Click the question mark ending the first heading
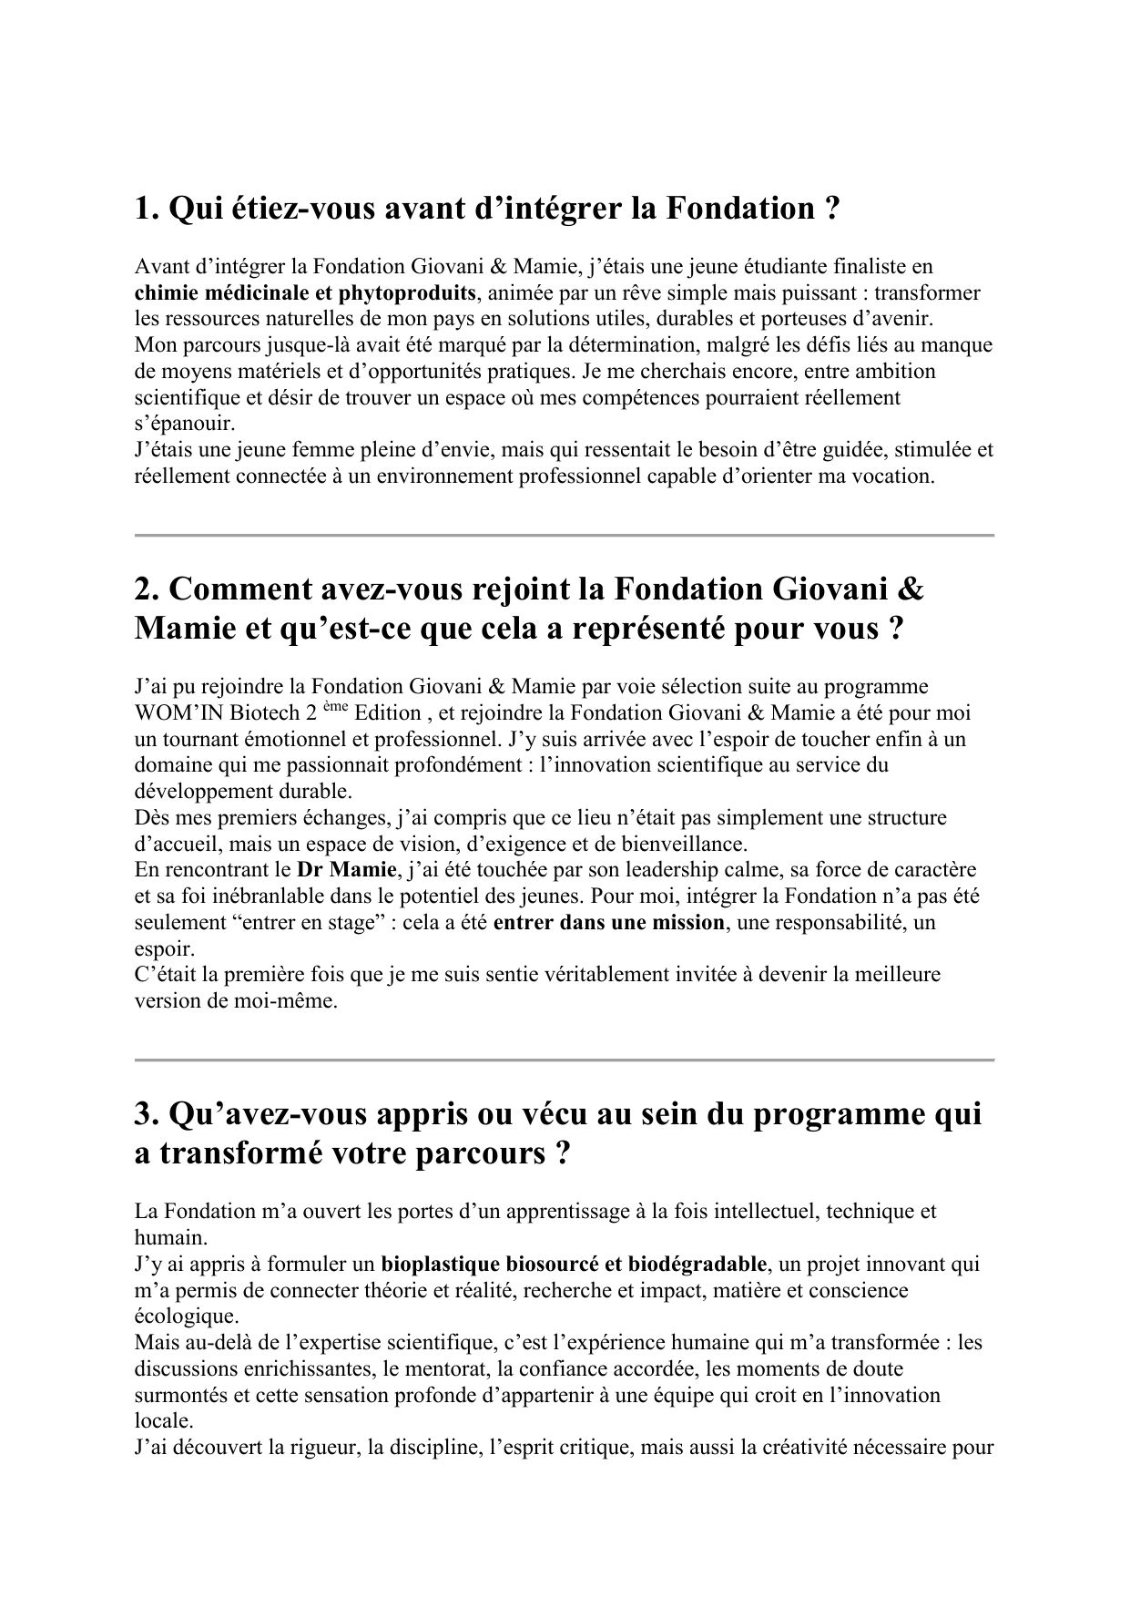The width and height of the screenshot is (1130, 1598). tap(830, 210)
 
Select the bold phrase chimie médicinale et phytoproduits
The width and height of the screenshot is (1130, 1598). tap(305, 293)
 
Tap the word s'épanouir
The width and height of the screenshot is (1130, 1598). tap(184, 425)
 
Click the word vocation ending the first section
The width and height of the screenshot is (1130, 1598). tap(895, 476)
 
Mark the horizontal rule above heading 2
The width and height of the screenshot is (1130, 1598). tap(564, 536)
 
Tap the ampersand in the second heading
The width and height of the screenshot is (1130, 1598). tap(910, 589)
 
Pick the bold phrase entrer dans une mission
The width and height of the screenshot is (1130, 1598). tap(608, 923)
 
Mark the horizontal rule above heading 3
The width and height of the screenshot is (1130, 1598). tap(564, 1060)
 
